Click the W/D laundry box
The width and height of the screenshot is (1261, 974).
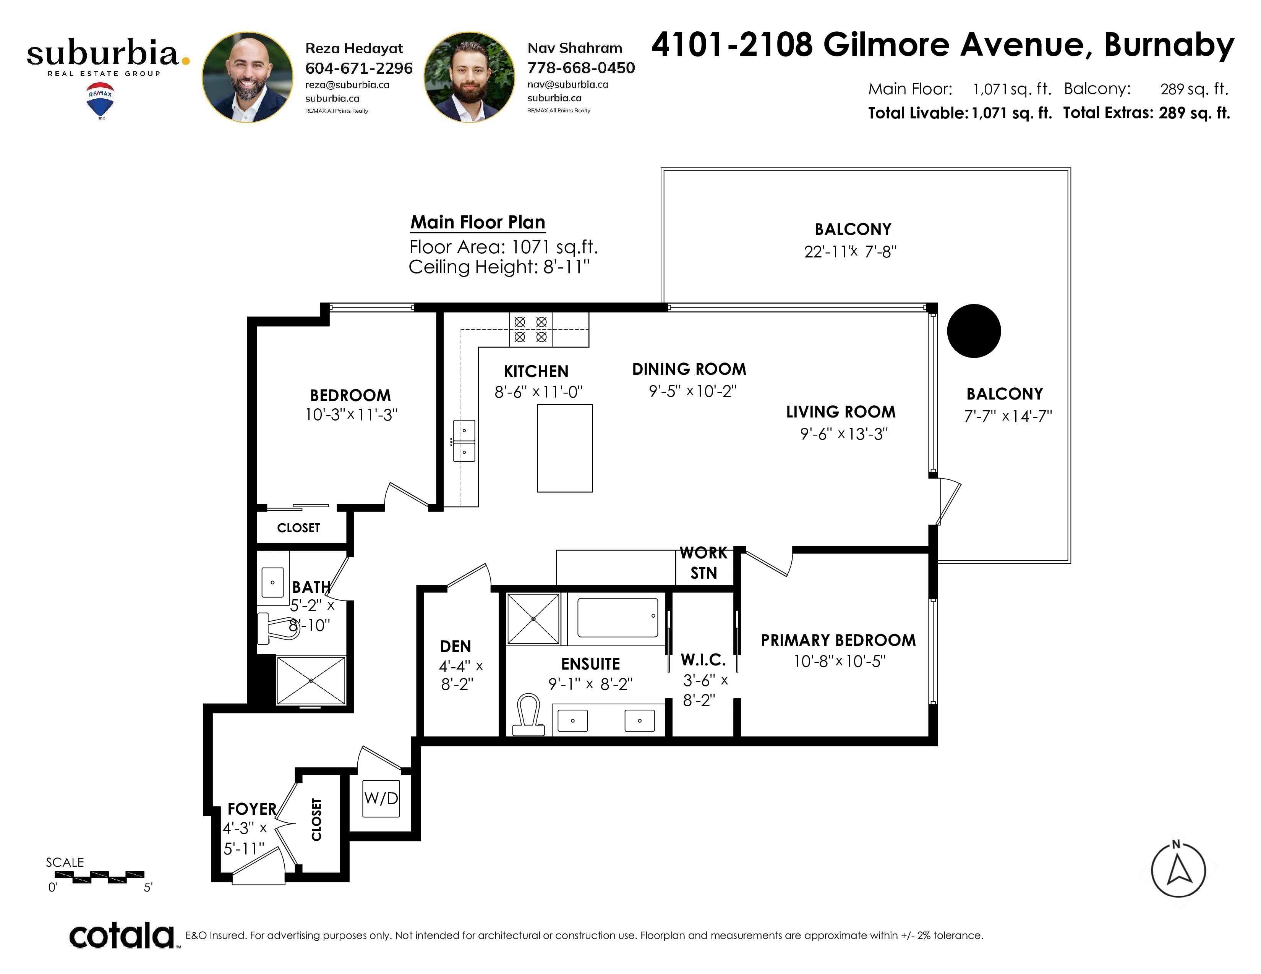click(x=381, y=798)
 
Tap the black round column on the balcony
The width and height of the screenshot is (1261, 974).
click(x=974, y=331)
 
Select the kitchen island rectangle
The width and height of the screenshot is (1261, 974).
click(x=565, y=448)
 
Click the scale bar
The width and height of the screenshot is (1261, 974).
click(x=99, y=877)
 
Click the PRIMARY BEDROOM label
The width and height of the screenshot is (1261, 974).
click(x=838, y=640)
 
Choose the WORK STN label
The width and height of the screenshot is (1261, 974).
click(x=704, y=563)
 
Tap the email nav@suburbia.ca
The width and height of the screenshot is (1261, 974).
click(x=567, y=84)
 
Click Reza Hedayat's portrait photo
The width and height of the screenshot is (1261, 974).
click(x=247, y=77)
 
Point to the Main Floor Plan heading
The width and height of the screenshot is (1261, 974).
click(x=478, y=222)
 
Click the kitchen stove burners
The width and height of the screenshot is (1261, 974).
click(x=531, y=330)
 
